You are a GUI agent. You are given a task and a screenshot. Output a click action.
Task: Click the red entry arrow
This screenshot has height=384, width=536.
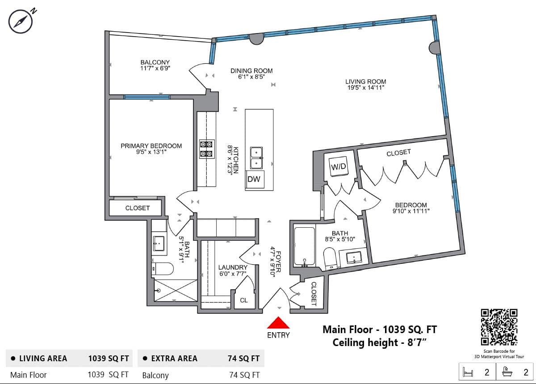[x=278, y=322]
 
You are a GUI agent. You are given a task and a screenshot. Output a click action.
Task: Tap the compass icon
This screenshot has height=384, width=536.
[x=21, y=21]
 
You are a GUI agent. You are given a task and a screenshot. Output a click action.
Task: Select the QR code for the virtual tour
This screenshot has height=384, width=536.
[x=499, y=327]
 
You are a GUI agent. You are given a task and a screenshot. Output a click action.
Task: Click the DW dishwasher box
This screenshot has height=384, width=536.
[x=255, y=179]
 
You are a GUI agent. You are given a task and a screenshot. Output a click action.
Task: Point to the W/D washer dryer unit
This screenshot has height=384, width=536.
[x=339, y=167]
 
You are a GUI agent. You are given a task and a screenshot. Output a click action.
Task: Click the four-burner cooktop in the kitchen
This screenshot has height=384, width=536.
[x=206, y=149]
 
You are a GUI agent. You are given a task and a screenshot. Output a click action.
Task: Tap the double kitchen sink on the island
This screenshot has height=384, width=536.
[x=256, y=158]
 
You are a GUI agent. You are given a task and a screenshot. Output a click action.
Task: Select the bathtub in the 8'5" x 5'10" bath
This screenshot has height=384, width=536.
[x=304, y=246]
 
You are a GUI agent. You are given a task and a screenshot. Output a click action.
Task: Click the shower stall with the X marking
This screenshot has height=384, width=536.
[x=176, y=290]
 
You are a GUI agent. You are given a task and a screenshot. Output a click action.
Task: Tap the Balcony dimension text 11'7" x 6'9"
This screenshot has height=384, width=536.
[x=155, y=68]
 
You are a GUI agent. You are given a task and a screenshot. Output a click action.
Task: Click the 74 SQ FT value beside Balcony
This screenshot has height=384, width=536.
[x=244, y=375]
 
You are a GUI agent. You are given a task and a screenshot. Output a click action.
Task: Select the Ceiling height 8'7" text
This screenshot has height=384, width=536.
[x=380, y=342]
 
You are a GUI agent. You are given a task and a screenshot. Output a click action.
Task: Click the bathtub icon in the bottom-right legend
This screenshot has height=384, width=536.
[x=507, y=372]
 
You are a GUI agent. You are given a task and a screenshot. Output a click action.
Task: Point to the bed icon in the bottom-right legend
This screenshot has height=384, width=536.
[x=468, y=372]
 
